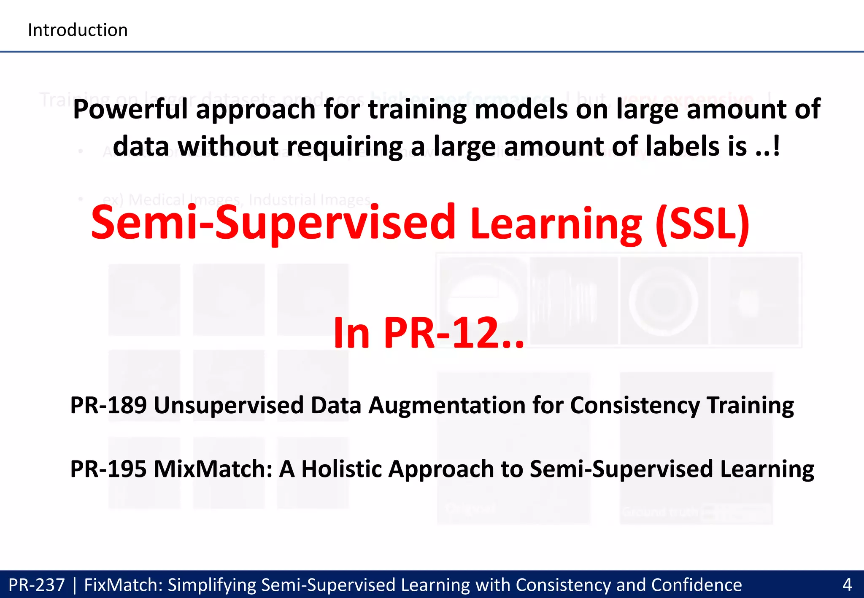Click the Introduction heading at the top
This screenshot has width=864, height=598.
tap(78, 30)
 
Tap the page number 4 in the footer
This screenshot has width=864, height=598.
tap(847, 585)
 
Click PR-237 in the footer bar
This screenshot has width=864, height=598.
tap(37, 585)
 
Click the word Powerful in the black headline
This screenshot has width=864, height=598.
tap(130, 109)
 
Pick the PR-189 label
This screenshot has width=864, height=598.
tap(108, 405)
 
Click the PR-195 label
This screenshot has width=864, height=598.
tap(108, 469)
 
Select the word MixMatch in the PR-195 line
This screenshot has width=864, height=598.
tap(213, 469)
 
